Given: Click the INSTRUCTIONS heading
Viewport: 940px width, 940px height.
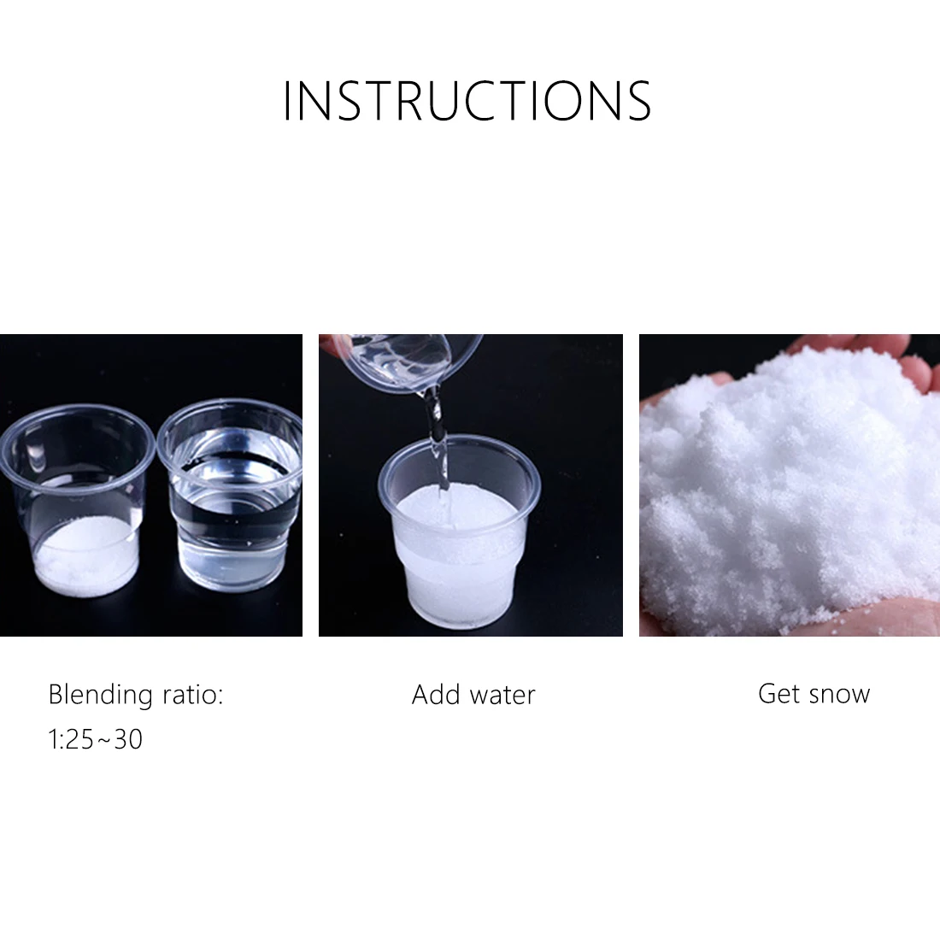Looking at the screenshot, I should pos(467,101).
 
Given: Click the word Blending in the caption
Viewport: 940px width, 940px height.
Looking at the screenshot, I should pos(98,694).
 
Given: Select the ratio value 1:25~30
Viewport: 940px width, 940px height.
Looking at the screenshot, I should pos(96,738).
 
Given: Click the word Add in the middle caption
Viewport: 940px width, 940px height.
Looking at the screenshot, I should pos(435,694).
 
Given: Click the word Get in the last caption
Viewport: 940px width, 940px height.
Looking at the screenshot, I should pos(778,693).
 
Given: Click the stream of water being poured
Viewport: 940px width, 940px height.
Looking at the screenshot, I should pos(438,444).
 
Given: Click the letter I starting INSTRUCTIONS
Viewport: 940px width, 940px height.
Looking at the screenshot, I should pos(287,101).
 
